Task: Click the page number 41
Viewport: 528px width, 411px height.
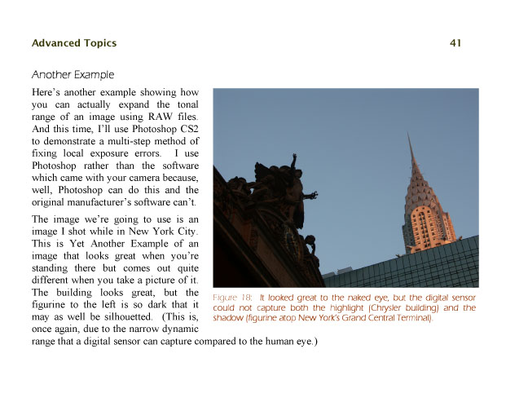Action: tap(455, 43)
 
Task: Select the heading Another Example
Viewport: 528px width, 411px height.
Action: tap(73, 75)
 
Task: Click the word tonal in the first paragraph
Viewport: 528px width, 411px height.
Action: tap(185, 104)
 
